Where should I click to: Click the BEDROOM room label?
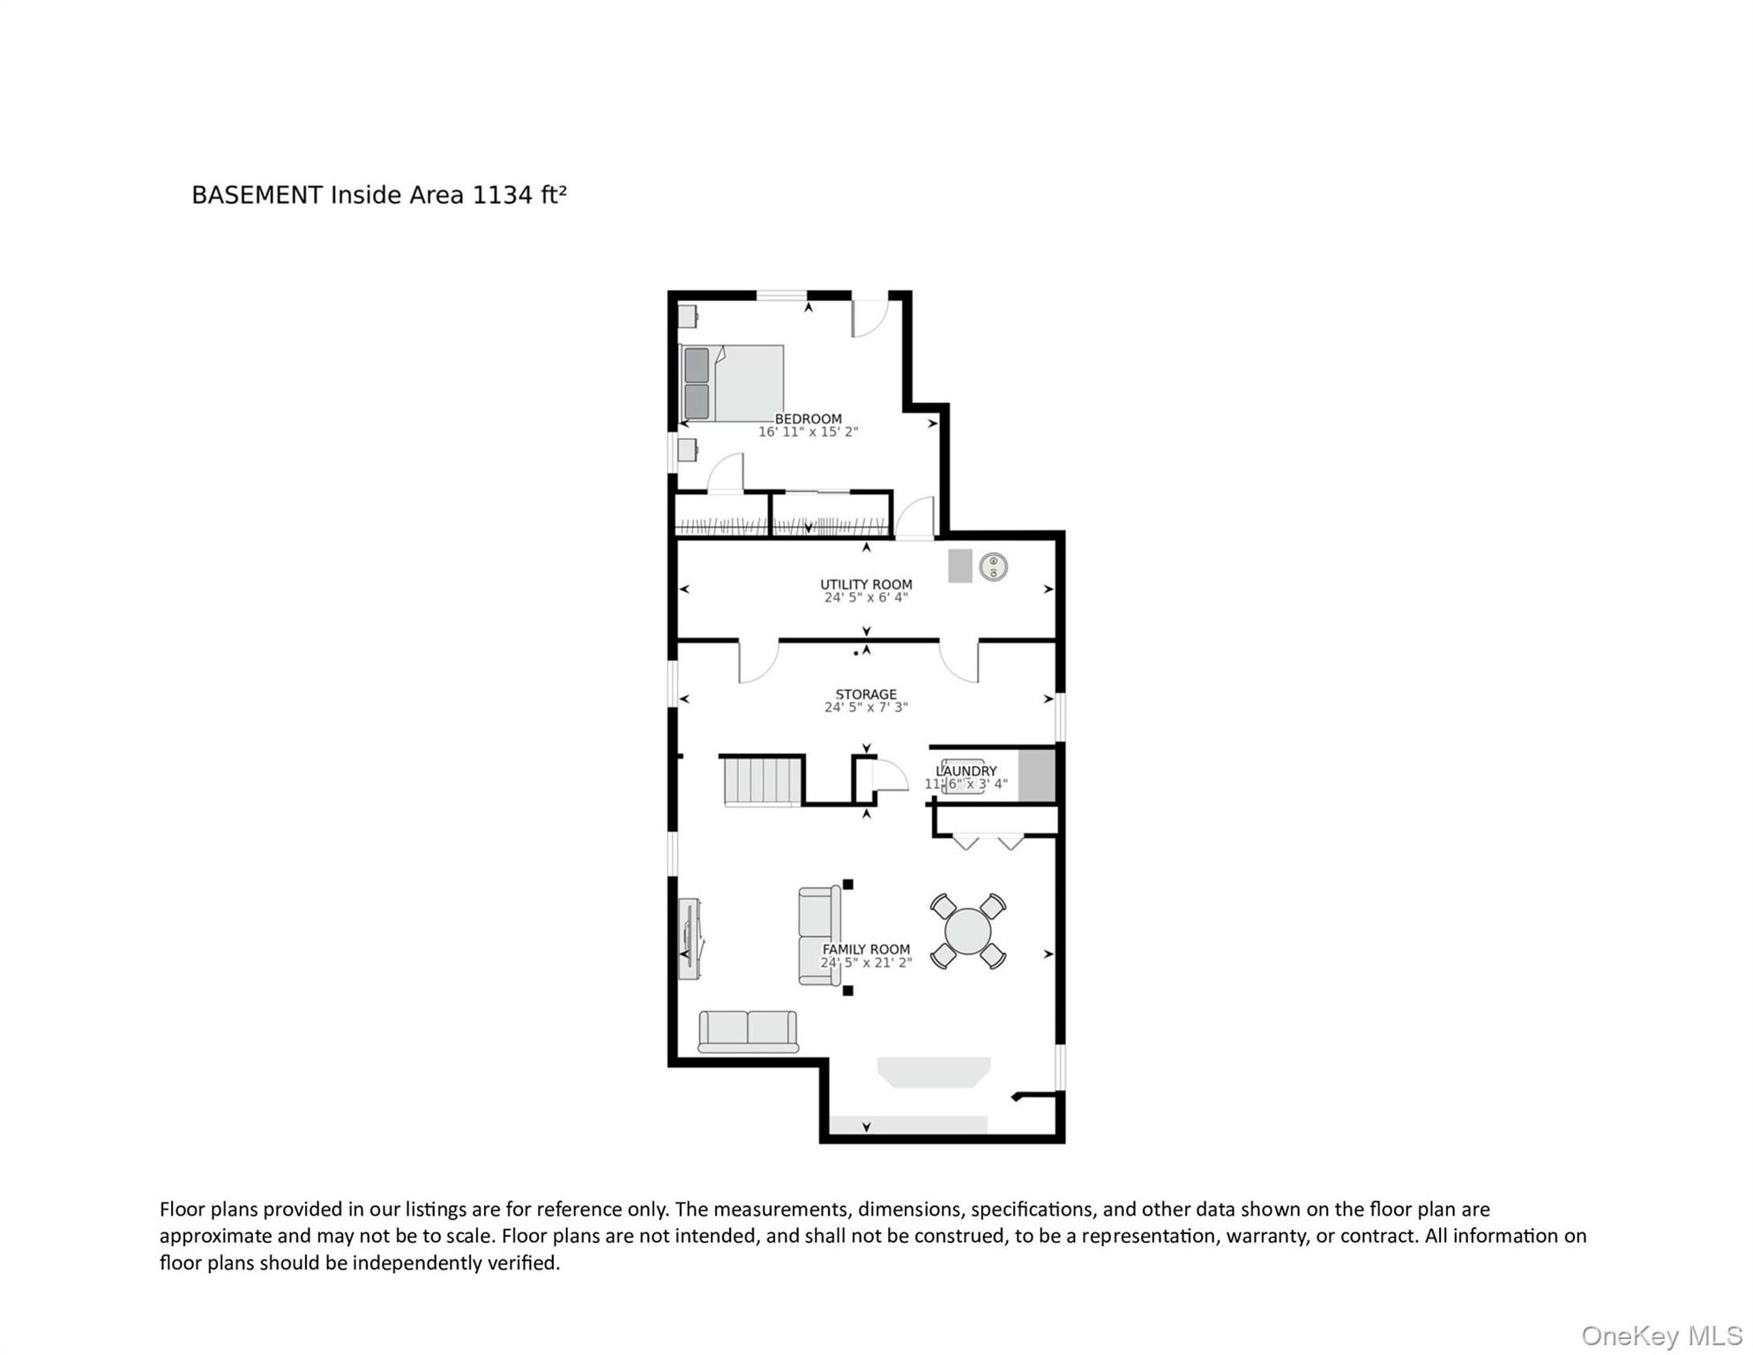coord(808,419)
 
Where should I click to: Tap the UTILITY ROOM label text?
coord(866,584)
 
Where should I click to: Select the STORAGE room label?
coord(866,694)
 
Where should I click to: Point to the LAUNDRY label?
coord(966,771)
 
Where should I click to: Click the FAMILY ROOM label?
coord(866,949)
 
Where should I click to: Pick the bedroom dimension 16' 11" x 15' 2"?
coord(808,432)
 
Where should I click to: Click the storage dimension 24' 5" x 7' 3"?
coord(866,707)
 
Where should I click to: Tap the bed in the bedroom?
coord(733,383)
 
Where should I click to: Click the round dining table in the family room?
coord(967,932)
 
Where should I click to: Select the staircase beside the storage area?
coord(763,782)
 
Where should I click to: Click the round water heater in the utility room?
coord(994,566)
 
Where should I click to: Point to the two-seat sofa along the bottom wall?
coord(748,1031)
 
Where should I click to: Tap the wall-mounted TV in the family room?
coord(690,938)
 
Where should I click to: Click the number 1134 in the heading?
coord(503,195)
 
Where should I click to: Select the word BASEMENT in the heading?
coord(257,195)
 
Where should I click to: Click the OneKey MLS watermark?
coord(1661,1336)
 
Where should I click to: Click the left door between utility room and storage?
coord(757,662)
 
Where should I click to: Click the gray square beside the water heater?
coord(959,565)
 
